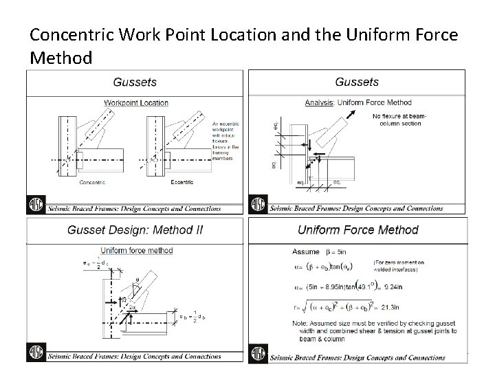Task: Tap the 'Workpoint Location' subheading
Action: coord(135,102)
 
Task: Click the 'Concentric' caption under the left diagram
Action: coord(91,182)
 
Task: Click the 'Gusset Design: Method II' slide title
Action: coord(135,231)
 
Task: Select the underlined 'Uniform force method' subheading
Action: coord(137,250)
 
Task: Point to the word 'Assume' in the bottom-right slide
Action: coord(305,251)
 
